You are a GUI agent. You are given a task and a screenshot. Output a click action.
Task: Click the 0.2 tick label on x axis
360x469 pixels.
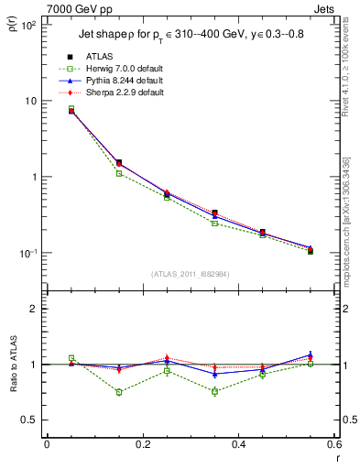pyautogui.click(x=142, y=444)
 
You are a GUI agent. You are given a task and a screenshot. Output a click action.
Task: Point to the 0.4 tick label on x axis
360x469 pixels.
pyautogui.click(x=238, y=444)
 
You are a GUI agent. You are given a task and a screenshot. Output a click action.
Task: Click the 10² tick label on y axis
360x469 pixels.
pyautogui.click(x=30, y=26)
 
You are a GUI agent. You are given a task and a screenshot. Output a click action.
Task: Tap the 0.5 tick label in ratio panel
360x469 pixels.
pyautogui.click(x=30, y=420)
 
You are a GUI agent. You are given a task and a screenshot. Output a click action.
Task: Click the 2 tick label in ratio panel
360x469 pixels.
pyautogui.click(x=35, y=309)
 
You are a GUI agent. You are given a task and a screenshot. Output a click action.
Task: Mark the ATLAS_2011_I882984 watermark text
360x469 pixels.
pyautogui.click(x=190, y=274)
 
